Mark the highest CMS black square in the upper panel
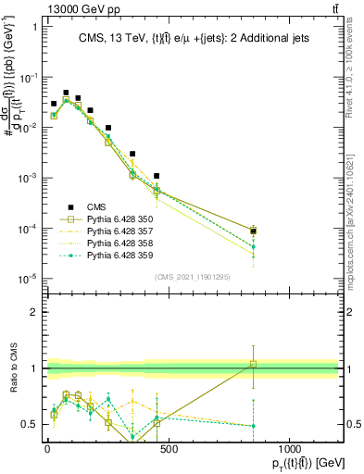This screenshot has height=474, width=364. [x=66, y=93]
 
